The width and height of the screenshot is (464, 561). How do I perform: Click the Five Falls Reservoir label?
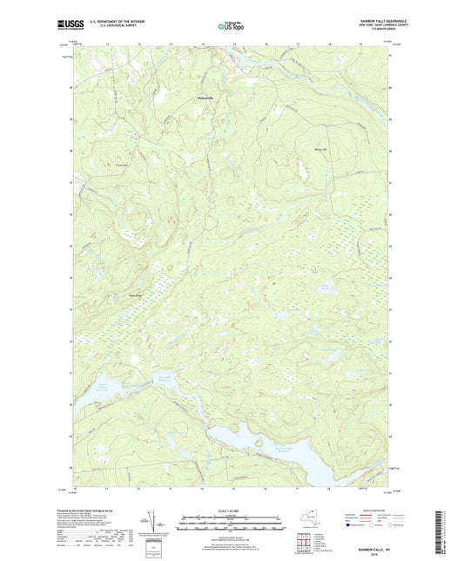168,377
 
